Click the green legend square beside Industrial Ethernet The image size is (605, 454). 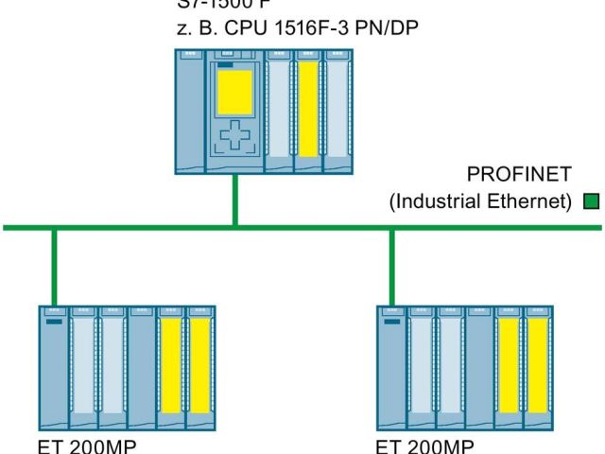click(592, 201)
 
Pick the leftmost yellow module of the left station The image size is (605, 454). click(170, 364)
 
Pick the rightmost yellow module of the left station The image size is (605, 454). click(199, 364)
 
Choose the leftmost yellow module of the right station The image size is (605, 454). click(509, 364)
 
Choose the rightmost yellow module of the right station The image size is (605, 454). click(537, 364)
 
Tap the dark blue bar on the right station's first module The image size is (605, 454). click(391, 322)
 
